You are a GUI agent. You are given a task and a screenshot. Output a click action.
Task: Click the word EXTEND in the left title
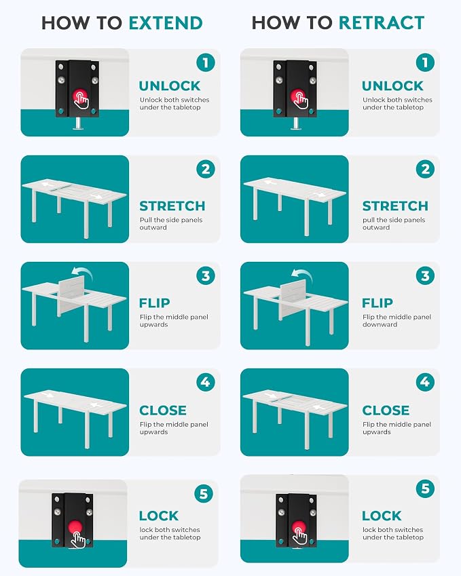[x=166, y=23]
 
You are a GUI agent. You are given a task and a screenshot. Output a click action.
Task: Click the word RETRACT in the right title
[x=382, y=23]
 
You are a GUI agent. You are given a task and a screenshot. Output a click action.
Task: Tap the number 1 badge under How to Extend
[x=206, y=62]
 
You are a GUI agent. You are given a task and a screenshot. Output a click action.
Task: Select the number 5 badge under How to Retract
[x=425, y=488]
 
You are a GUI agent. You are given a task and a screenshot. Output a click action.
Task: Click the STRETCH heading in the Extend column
[x=172, y=206]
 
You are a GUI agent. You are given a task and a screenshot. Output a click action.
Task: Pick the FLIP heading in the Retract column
[x=377, y=303]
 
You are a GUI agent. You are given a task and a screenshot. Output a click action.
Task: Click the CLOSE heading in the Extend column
[x=163, y=410]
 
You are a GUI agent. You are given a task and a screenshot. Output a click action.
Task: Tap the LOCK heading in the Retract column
[x=382, y=516]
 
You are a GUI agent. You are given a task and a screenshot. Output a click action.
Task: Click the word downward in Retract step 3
[x=380, y=325]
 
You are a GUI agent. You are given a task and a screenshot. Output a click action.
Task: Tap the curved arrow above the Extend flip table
[x=81, y=272]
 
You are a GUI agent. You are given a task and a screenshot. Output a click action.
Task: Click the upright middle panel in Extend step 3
[x=71, y=296]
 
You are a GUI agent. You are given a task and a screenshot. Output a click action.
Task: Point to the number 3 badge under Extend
[x=206, y=276]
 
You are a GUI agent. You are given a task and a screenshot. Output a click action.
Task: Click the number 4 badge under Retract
[x=425, y=382]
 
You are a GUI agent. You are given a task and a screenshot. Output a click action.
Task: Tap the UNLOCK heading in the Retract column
[x=392, y=86]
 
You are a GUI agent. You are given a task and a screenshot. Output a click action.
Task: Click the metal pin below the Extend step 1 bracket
[x=77, y=123]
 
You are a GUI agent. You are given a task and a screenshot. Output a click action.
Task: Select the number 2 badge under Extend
[x=206, y=170]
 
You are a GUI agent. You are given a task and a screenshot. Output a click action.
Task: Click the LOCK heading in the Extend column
[x=159, y=516]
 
